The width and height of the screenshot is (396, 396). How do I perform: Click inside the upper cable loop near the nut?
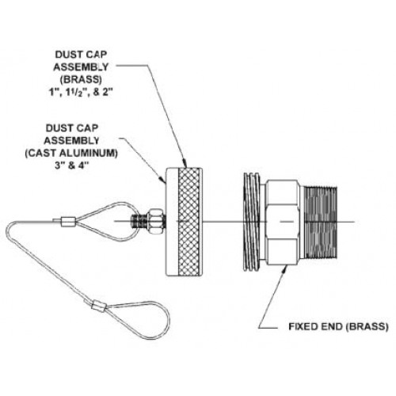(x=107, y=215)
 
